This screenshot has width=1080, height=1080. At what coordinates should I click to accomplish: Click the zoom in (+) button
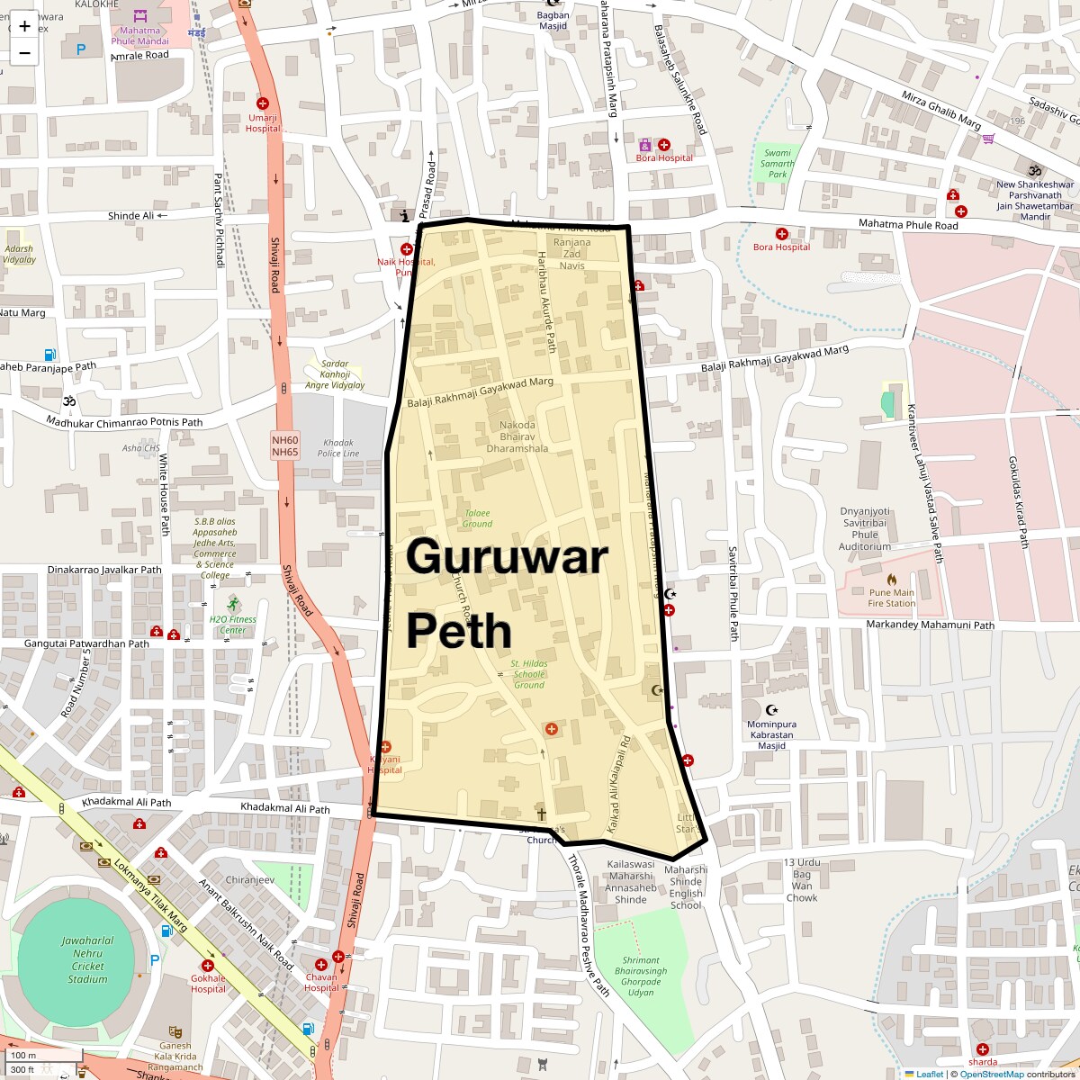24,25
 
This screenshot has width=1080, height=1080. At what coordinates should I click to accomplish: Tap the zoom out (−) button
24,52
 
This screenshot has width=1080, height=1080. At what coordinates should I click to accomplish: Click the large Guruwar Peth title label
507,594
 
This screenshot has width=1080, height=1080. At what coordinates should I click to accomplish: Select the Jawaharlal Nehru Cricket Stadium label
88,959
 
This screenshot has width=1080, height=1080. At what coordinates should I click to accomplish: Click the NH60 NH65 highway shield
284,445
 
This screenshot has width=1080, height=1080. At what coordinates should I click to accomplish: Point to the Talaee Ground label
477,518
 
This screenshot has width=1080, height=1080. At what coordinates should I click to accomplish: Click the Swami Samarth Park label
777,163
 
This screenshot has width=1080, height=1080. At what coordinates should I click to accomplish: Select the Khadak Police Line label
338,448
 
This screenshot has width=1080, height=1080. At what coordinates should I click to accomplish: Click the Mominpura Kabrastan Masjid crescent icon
771,710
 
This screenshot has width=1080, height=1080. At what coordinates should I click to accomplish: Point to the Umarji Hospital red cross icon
263,104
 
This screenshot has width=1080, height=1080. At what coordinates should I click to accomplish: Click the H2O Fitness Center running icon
234,603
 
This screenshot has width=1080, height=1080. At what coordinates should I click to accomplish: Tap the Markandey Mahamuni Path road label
930,625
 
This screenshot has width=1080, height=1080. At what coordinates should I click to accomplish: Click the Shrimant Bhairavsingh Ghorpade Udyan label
641,976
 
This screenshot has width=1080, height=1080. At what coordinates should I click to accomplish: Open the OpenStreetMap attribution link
991,1074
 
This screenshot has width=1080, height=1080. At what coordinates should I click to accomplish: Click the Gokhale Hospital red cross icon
208,966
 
